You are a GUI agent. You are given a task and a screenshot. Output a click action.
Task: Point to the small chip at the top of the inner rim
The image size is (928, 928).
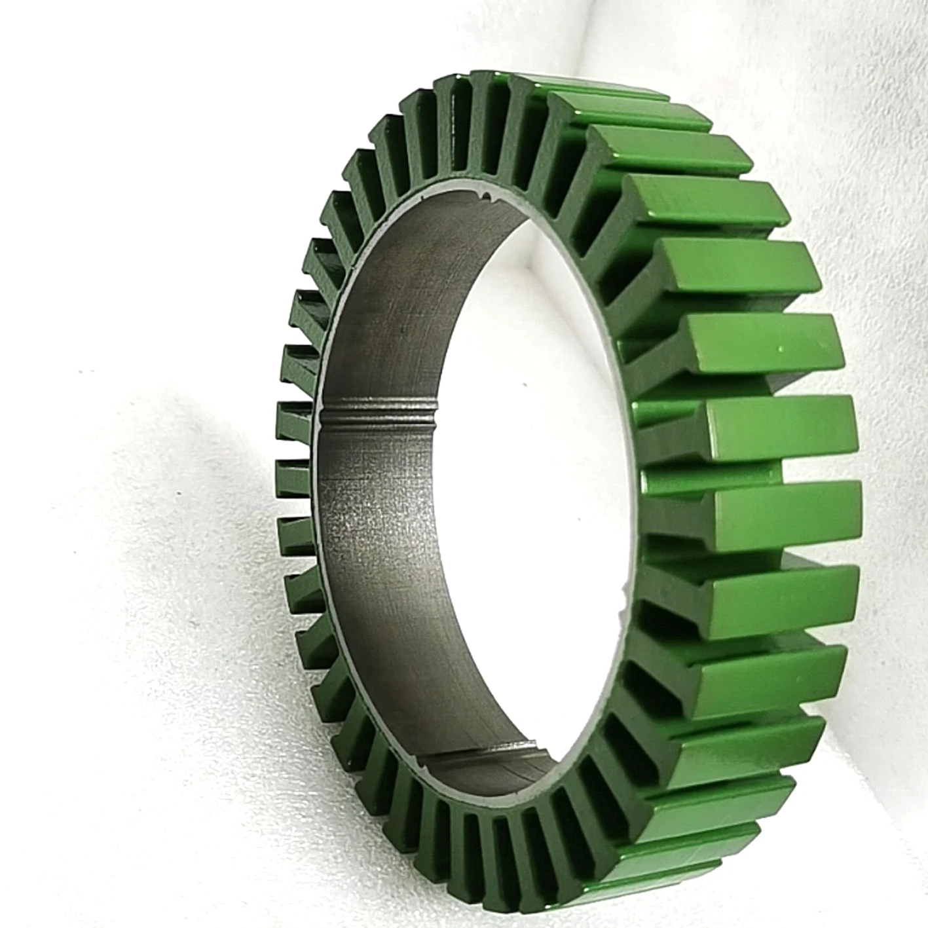point(485,195)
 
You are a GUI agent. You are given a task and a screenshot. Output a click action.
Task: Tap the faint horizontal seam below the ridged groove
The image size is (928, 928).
point(380,481)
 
